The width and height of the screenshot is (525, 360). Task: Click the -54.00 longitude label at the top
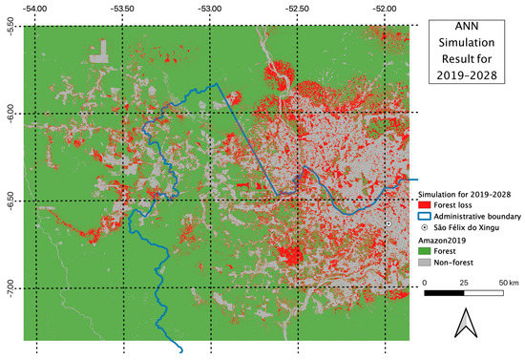tap(36, 8)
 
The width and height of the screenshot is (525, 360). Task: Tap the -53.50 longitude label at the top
tap(123, 8)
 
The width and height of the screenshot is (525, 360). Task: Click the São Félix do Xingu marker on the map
tap(389, 224)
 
